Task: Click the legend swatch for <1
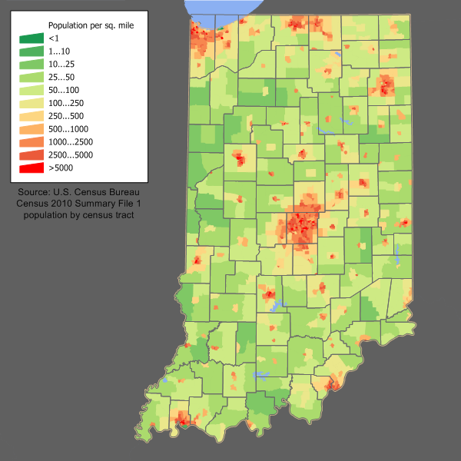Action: pos(32,38)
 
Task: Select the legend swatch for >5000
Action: pos(32,167)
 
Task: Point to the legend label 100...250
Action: pos(66,102)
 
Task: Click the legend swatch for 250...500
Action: pos(32,115)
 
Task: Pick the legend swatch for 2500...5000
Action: pos(32,154)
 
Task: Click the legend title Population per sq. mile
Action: pos(91,25)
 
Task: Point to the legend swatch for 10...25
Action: pos(32,64)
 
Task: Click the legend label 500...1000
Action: pos(68,128)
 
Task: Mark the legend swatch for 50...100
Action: pos(32,89)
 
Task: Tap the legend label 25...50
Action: pos(61,77)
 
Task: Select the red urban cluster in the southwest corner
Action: pos(183,420)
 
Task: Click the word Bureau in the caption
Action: pos(128,191)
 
